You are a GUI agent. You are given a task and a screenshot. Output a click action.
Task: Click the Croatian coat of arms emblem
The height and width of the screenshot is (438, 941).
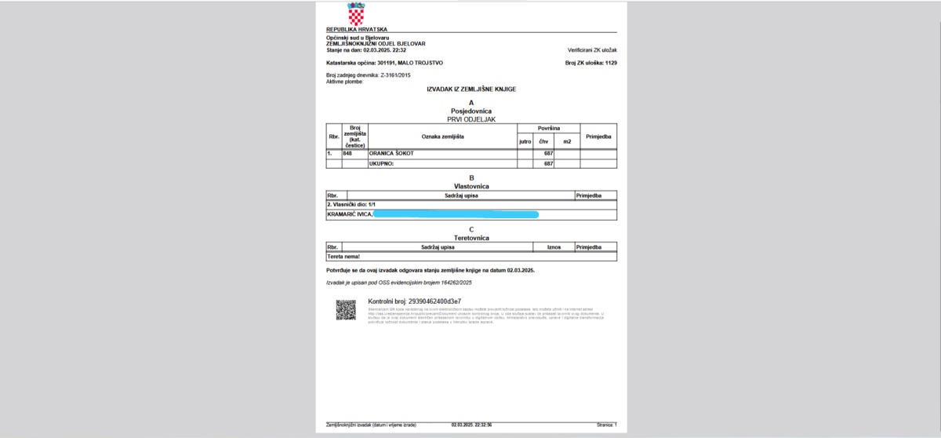[356, 13]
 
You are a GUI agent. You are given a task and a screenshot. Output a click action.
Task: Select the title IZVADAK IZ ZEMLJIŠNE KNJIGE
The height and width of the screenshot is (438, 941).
[470, 89]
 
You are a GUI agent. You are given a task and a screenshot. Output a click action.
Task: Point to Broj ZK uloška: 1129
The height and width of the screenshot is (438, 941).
[590, 62]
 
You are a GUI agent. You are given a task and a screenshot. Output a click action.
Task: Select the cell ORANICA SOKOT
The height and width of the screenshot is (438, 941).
[391, 153]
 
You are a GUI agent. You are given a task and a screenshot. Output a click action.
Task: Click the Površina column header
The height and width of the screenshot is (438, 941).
[548, 128]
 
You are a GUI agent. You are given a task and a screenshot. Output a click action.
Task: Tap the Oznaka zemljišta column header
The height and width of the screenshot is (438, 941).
[443, 137]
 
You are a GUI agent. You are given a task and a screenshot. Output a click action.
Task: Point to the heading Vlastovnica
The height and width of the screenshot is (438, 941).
[471, 186]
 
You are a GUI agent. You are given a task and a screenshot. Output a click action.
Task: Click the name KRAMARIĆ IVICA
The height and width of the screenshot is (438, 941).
[349, 214]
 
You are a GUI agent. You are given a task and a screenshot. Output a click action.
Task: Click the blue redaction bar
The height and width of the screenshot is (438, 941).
[456, 214]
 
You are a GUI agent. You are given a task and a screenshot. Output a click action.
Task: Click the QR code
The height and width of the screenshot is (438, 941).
[346, 309]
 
